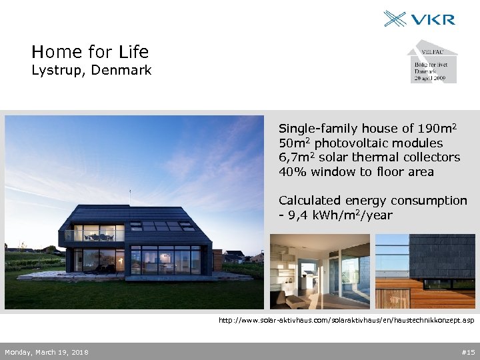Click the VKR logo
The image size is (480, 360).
(419, 18)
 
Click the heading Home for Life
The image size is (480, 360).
(90, 51)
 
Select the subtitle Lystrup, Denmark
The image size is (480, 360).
(91, 70)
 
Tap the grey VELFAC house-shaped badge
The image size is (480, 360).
(432, 62)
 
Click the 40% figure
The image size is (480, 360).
(291, 172)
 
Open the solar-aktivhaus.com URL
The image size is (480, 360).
(347, 321)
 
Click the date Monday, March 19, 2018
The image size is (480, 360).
(46, 352)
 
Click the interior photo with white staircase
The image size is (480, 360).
(319, 271)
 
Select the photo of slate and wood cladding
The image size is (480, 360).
(425, 271)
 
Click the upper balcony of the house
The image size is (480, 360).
(94, 235)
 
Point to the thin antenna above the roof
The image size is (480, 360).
(129, 195)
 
